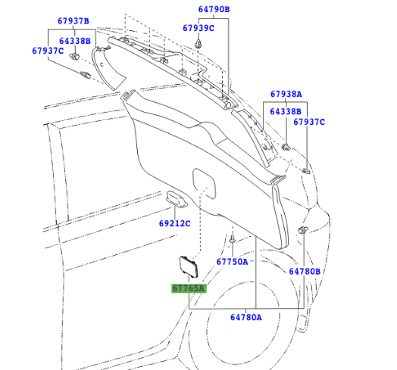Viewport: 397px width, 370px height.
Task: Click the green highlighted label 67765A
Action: (x=187, y=288)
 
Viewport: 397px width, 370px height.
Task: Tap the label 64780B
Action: (x=305, y=271)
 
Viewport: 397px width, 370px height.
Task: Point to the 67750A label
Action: (x=233, y=262)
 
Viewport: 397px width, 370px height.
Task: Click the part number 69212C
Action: (x=174, y=224)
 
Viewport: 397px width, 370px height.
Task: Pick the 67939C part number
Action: (x=198, y=28)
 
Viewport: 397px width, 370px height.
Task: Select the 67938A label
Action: (x=286, y=95)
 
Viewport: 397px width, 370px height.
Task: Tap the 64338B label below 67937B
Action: (x=75, y=40)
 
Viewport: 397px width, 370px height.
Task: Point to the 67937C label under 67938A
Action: (x=308, y=122)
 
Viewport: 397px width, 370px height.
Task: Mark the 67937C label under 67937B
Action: (x=48, y=51)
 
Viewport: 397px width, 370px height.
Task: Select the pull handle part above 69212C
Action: (x=178, y=199)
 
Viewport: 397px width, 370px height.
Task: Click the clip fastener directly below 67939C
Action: (x=198, y=45)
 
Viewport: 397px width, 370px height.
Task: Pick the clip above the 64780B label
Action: (x=303, y=230)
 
